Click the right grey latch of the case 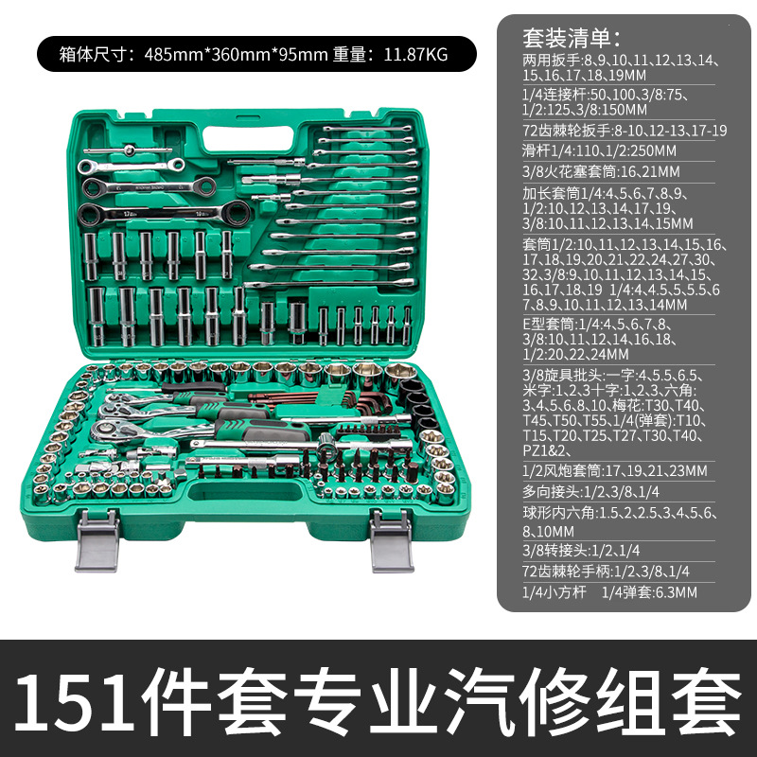[391, 540]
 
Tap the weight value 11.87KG [414, 55]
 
